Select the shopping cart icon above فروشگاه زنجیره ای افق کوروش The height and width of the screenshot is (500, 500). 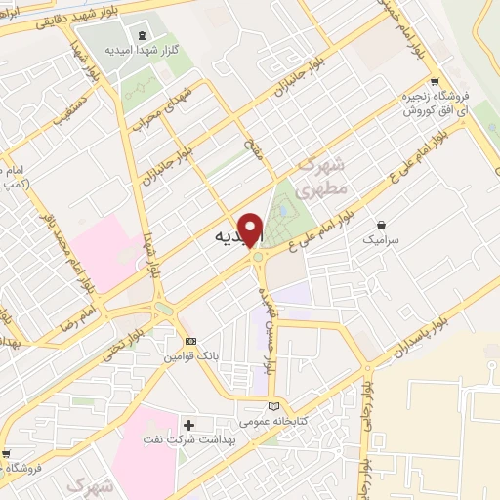click(x=435, y=82)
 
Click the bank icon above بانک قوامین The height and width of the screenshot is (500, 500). click(x=190, y=341)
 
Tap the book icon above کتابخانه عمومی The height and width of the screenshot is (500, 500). click(x=273, y=406)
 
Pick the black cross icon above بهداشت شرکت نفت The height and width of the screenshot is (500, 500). click(x=188, y=426)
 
